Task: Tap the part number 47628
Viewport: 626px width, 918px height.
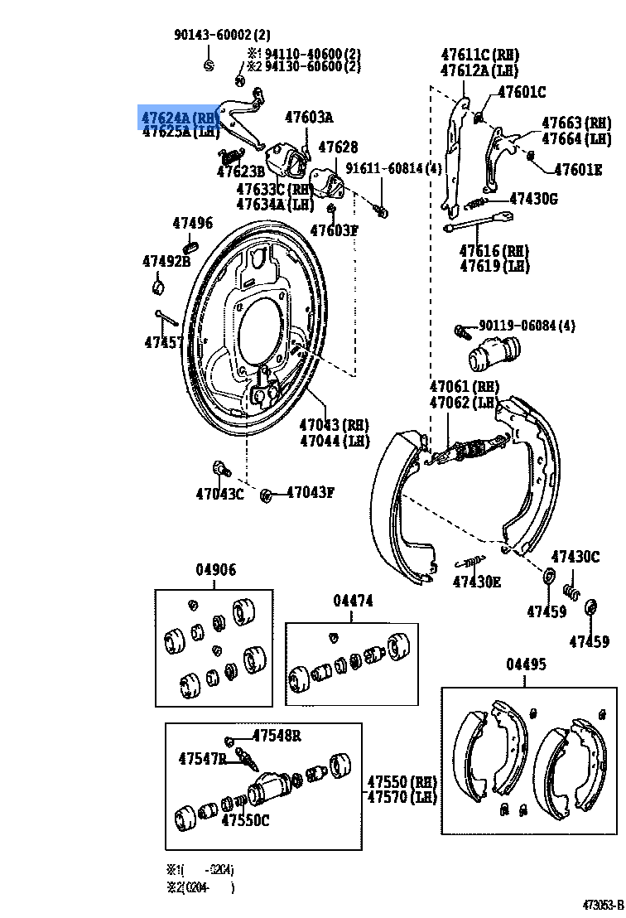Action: click(x=338, y=147)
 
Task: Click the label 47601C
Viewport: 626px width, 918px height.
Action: click(x=522, y=92)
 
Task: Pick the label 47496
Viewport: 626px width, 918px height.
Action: click(x=192, y=223)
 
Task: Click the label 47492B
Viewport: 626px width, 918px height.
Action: click(x=166, y=262)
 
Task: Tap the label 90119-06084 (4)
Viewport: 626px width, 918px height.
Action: click(x=526, y=326)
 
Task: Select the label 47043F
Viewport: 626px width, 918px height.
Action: click(x=311, y=493)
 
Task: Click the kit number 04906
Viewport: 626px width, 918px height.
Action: click(x=215, y=570)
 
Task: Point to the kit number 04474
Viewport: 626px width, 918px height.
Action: click(x=354, y=600)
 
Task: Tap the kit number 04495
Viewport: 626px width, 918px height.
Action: click(x=526, y=665)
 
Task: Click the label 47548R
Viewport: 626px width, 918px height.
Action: click(x=277, y=736)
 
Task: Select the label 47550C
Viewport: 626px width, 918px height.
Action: click(x=245, y=820)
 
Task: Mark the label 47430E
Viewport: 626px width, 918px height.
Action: click(x=477, y=582)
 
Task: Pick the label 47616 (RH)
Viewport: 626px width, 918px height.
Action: click(x=494, y=251)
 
